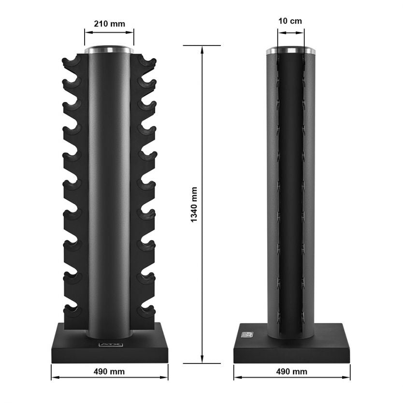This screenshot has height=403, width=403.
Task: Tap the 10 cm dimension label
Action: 291,22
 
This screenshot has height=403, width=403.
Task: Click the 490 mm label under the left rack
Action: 109,372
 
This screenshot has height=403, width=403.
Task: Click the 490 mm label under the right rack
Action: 291,372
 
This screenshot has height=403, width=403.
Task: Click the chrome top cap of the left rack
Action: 109,49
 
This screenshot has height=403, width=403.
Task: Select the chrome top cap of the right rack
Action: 291,49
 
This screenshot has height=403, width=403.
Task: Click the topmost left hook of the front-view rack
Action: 70,62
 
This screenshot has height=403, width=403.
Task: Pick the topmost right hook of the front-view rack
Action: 148,62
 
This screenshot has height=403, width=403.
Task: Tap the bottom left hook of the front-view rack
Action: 71,309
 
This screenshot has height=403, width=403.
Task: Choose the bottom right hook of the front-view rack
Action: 147,309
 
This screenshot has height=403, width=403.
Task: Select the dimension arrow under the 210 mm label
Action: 109,33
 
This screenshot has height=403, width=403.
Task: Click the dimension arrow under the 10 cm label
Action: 291,33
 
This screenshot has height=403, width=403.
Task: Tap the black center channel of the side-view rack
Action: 291,193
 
